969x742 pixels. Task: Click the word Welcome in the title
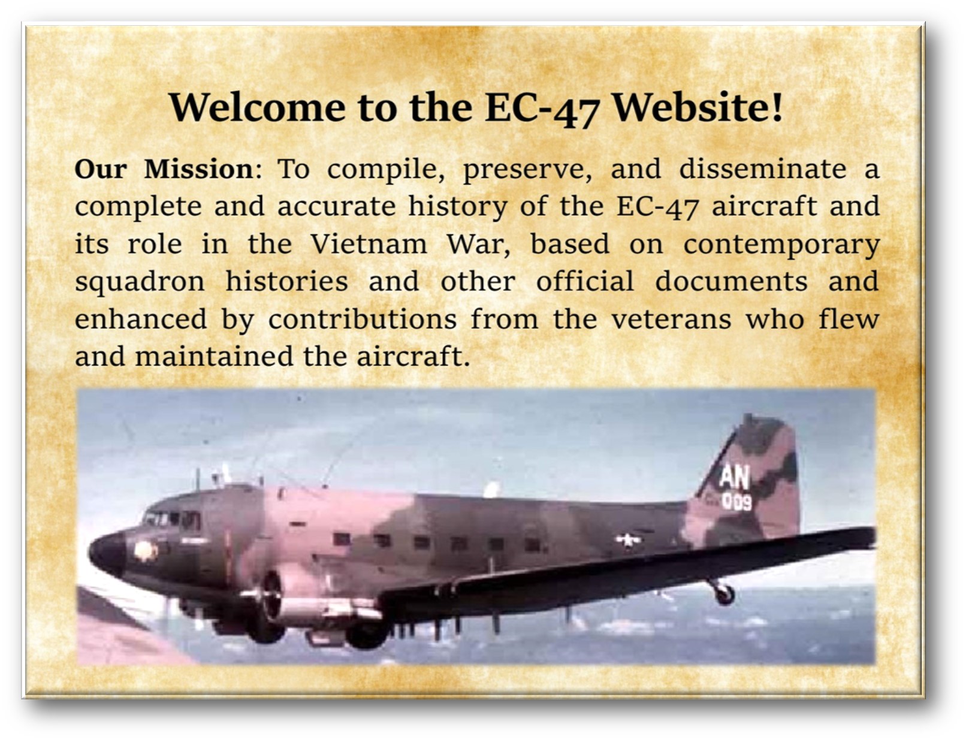tap(257, 107)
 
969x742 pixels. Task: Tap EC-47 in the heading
tap(542, 109)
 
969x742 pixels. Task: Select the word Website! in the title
tap(699, 107)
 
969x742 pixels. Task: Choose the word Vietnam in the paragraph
tap(369, 244)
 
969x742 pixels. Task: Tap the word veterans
tap(671, 319)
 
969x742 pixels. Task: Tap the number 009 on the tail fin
tap(736, 502)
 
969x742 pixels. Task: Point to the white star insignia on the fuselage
tap(627, 541)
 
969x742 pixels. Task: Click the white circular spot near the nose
tap(146, 551)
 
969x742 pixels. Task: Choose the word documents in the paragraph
tap(731, 282)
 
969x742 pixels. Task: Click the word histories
tap(286, 282)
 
